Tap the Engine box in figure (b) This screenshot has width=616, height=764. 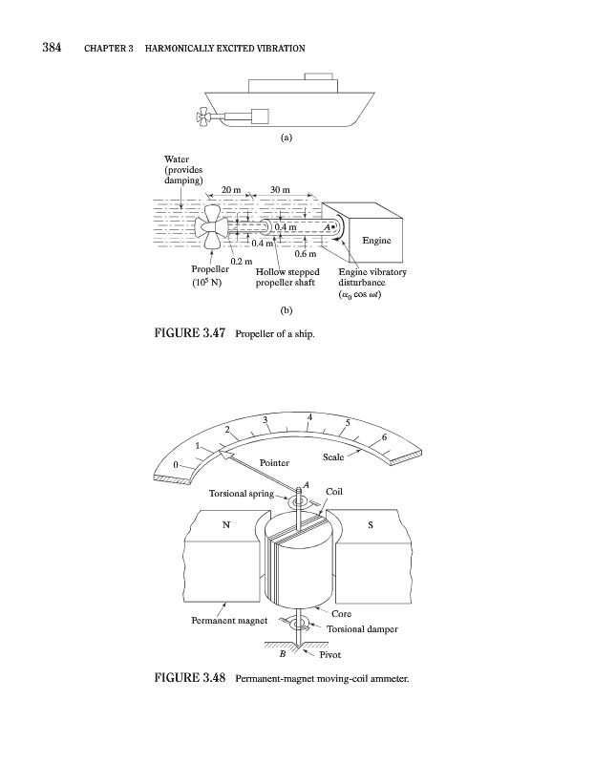tap(376, 240)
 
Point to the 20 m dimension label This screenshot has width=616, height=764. tap(231, 190)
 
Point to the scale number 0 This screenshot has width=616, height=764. tap(175, 464)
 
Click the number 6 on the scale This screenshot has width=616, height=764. tap(384, 436)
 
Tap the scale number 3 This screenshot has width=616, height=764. tap(264, 421)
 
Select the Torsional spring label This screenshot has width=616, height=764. tap(241, 494)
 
